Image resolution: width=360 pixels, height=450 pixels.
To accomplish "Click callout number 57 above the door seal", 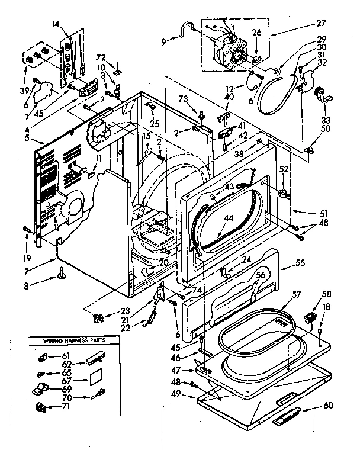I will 296,294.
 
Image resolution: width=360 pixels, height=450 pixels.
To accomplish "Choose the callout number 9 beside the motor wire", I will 163,41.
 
